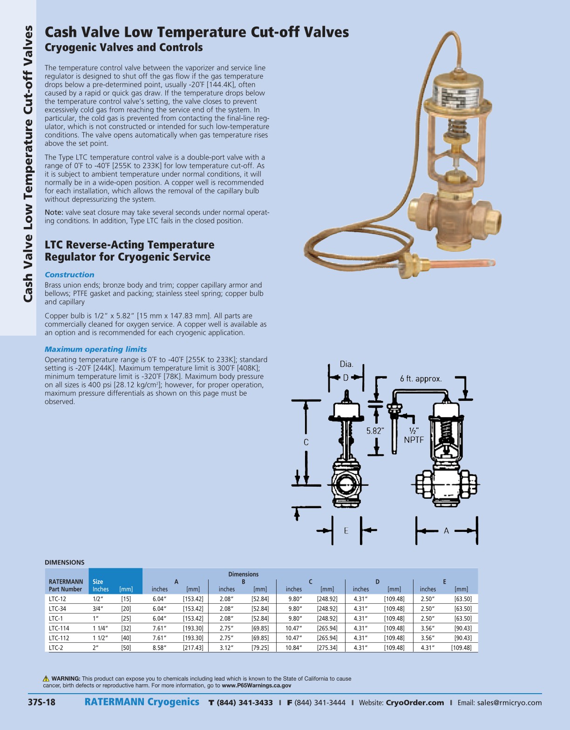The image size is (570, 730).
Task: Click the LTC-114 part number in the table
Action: pos(59,628)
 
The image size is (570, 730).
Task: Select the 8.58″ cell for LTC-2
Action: pos(159,648)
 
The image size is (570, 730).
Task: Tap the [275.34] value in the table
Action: pos(327,648)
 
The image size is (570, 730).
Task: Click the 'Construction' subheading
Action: pos(69,275)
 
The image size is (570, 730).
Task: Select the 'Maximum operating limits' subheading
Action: pos(95,350)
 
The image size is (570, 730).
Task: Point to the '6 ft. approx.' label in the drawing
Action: pos(421,379)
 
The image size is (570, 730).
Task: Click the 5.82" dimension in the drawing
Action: pos(375,431)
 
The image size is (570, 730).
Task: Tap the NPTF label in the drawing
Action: pos(414,440)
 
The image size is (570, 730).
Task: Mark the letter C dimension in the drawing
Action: pos(306,442)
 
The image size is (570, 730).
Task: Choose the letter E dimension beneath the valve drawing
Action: pos(346,530)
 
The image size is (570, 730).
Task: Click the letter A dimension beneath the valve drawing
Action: pos(446,530)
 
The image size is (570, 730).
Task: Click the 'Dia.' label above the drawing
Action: pos(346,364)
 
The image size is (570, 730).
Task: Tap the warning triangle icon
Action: pos(46,679)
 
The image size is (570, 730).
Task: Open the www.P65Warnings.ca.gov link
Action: pos(256,686)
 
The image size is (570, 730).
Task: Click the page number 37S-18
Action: pos(41,702)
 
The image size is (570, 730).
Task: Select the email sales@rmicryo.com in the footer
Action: pos(509,703)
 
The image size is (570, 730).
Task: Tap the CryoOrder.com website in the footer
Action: pos(414,703)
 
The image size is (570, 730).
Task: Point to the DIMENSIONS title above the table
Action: pos(64,563)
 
